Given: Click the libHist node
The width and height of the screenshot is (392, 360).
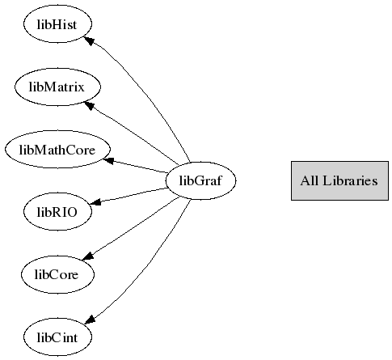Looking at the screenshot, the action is pos(57,24).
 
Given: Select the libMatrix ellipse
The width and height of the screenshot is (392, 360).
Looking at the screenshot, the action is pos(57,87).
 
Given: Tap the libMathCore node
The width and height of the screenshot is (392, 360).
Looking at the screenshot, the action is pos(57,150).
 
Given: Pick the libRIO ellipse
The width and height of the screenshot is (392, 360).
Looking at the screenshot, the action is pos(57,212).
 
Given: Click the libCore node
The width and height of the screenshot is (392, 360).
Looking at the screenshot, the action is pos(57,274).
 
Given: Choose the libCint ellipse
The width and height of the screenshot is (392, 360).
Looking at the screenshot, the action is pos(57,337).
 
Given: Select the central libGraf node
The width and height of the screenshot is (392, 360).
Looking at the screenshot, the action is pos(200,180).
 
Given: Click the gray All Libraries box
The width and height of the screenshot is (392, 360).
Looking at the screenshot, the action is pos(339,180).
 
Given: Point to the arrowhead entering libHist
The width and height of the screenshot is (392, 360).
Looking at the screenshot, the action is pos(90,40).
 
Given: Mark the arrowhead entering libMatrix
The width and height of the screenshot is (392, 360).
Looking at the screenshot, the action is pos(90,105).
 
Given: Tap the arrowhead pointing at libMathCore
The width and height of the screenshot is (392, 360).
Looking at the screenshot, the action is pos(108,161).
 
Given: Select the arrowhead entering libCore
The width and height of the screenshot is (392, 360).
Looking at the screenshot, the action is pos(88,256).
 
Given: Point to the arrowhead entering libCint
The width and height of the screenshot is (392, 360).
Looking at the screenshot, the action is pos(90,320).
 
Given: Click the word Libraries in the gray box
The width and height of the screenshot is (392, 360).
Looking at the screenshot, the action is pos(350,180).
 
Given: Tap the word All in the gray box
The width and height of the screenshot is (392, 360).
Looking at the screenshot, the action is pos(310,180).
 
